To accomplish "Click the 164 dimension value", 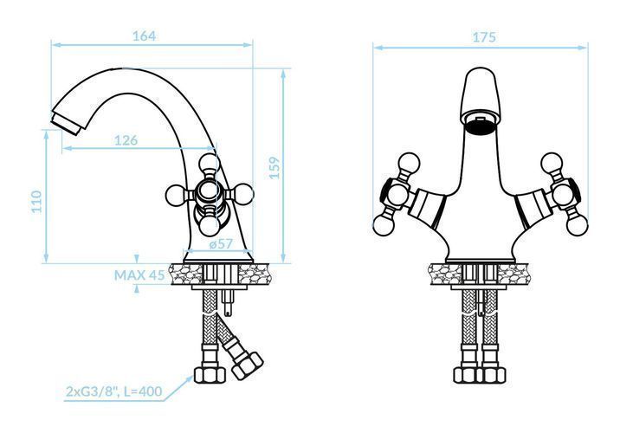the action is pos(144,36).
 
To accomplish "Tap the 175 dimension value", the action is pos(484,37).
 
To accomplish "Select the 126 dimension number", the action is pos(126,140).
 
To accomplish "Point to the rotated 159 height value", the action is pos(274,168).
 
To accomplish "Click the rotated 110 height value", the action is pos(36,201).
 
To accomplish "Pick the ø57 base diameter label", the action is pos(221,244).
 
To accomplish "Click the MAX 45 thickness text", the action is pos(139,275).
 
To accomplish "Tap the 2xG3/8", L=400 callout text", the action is pos(114,391).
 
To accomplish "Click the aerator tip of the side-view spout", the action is pos(66,123).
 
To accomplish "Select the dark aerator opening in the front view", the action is pos(479,127).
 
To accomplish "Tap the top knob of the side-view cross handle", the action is pos(210,164).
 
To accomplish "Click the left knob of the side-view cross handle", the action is pos(176,195).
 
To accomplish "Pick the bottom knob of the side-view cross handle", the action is pos(210,226).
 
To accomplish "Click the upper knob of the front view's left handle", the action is pos(409,163).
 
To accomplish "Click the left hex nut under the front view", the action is pos(466,375).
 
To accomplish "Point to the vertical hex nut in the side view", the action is pos(210,374).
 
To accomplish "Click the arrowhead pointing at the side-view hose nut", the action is pos(188,379).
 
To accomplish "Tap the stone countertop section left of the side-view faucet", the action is pos(185,274).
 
